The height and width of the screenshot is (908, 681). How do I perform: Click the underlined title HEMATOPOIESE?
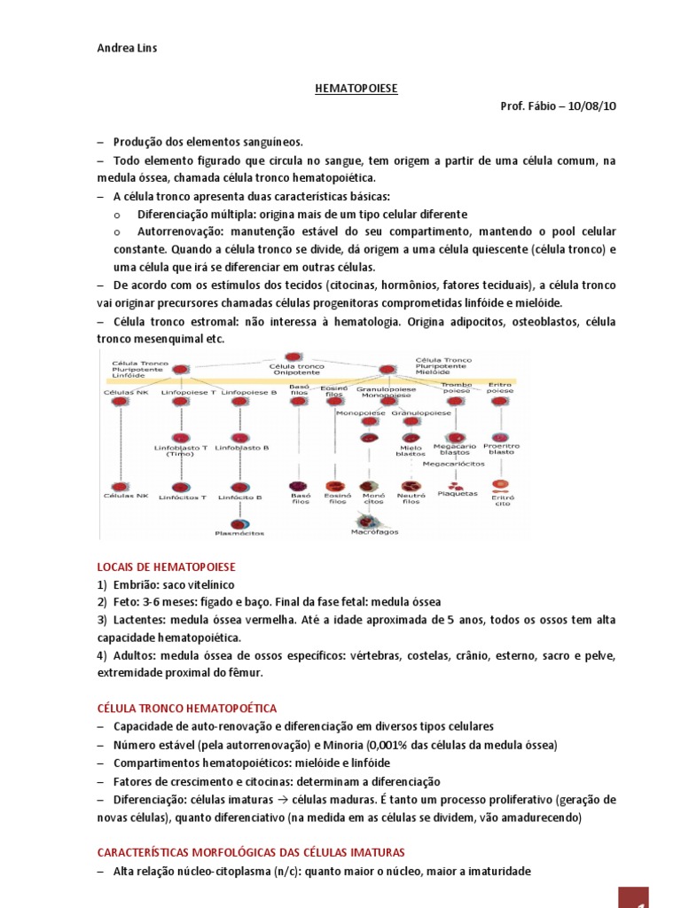(x=357, y=90)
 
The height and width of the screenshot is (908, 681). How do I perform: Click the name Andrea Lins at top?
(x=128, y=48)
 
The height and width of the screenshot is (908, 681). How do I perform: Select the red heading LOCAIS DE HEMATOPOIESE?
(x=167, y=566)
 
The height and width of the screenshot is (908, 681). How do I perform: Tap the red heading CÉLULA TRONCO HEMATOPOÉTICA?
(x=186, y=708)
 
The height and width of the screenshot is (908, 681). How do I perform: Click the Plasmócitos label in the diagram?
(x=239, y=534)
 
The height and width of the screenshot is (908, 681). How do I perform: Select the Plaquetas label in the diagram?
(x=458, y=494)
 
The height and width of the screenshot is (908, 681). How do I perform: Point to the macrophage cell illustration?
(x=371, y=519)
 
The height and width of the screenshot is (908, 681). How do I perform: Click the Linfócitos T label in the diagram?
(x=182, y=498)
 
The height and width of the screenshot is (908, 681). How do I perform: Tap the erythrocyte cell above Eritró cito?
(x=501, y=485)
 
